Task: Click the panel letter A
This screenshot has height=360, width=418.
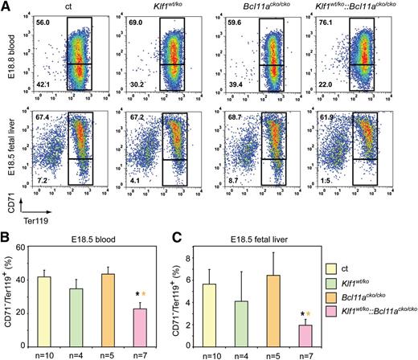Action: (6, 6)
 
